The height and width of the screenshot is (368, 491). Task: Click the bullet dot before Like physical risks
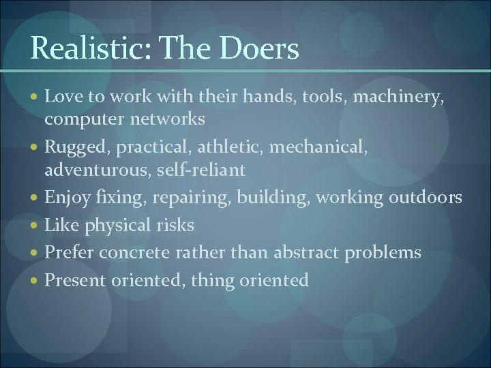coord(35,226)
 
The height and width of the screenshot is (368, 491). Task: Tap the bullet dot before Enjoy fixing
coord(35,198)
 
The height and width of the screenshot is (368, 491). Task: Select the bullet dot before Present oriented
coord(35,281)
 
